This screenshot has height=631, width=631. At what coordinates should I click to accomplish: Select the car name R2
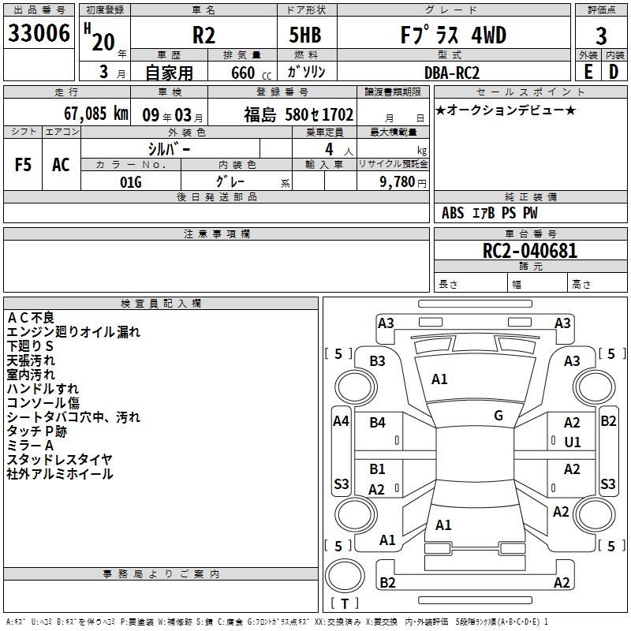click(x=204, y=36)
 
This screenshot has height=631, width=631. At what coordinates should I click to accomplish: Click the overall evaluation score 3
click(x=601, y=36)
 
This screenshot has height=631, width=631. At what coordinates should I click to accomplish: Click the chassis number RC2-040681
click(x=530, y=252)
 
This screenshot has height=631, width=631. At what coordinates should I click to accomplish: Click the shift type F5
click(x=24, y=165)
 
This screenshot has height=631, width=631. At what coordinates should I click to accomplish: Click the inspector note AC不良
click(x=31, y=318)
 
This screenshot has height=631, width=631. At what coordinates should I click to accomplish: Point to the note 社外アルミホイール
click(x=60, y=474)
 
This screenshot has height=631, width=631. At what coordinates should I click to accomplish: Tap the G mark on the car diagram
click(x=498, y=415)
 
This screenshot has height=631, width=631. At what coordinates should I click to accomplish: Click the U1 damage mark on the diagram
click(x=572, y=442)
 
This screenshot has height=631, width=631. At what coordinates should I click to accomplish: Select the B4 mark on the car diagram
click(x=378, y=423)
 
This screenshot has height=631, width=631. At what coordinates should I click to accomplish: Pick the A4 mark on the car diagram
click(x=341, y=421)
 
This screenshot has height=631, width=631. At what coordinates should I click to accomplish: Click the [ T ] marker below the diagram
click(x=345, y=603)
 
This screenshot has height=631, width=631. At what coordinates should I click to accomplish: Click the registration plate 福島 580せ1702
click(x=298, y=114)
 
